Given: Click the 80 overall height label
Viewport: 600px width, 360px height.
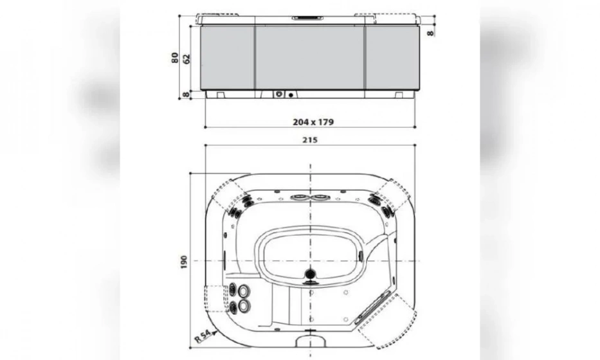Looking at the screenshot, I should pos(175,58).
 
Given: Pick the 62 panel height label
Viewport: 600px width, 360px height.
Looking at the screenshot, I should pos(186,58).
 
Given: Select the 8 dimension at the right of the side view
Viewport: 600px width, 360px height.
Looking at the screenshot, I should pos(429,31).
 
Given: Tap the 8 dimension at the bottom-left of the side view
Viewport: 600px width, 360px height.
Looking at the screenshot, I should pos(186,94).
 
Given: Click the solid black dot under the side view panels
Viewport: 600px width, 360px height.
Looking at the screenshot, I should pos(291,95).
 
